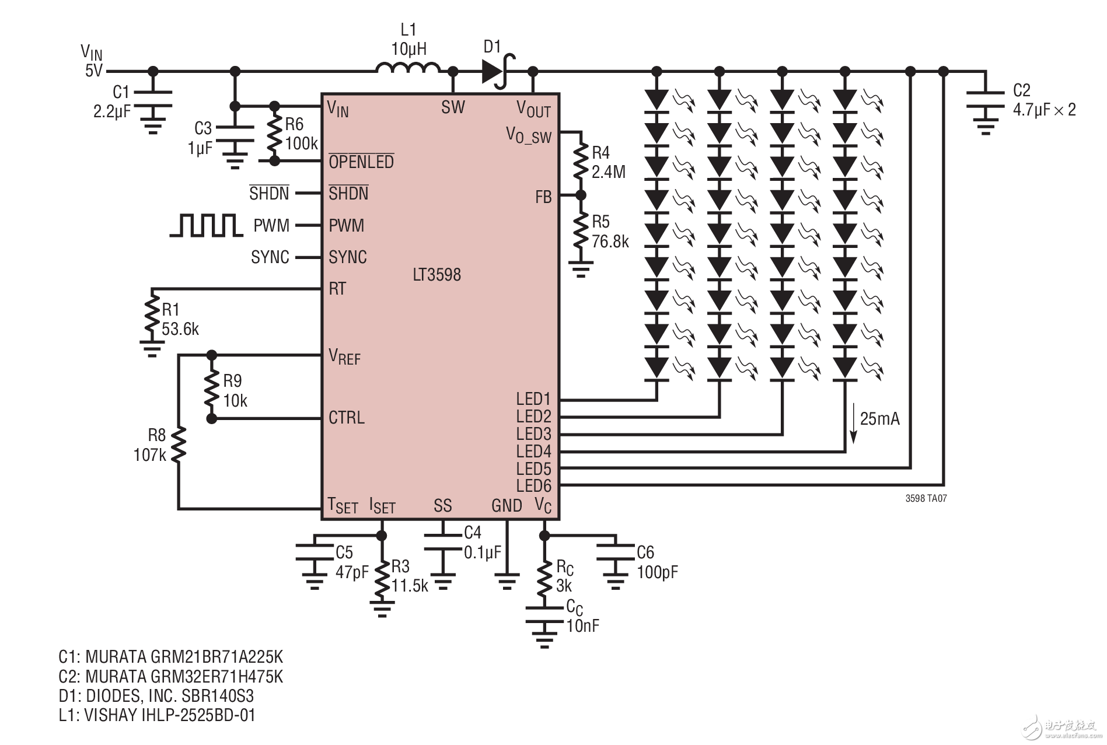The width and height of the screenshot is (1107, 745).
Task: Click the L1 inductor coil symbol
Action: click(408, 69)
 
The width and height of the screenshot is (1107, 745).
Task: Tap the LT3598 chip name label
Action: click(436, 275)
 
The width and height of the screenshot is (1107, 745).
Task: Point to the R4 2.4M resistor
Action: click(580, 162)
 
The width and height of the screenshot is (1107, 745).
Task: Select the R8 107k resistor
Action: click(179, 445)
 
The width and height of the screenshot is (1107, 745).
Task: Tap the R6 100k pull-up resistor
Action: click(274, 134)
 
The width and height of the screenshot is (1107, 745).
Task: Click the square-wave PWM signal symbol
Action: click(206, 225)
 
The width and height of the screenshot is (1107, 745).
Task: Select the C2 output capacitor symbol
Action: click(986, 100)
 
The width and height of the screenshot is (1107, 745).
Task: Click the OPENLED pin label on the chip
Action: click(361, 162)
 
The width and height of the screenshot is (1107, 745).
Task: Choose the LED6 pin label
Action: click(533, 486)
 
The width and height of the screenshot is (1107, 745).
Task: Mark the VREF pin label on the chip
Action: click(344, 356)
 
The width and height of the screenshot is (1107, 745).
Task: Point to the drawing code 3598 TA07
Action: click(926, 499)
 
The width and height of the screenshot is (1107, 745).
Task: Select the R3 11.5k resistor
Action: click(382, 579)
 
